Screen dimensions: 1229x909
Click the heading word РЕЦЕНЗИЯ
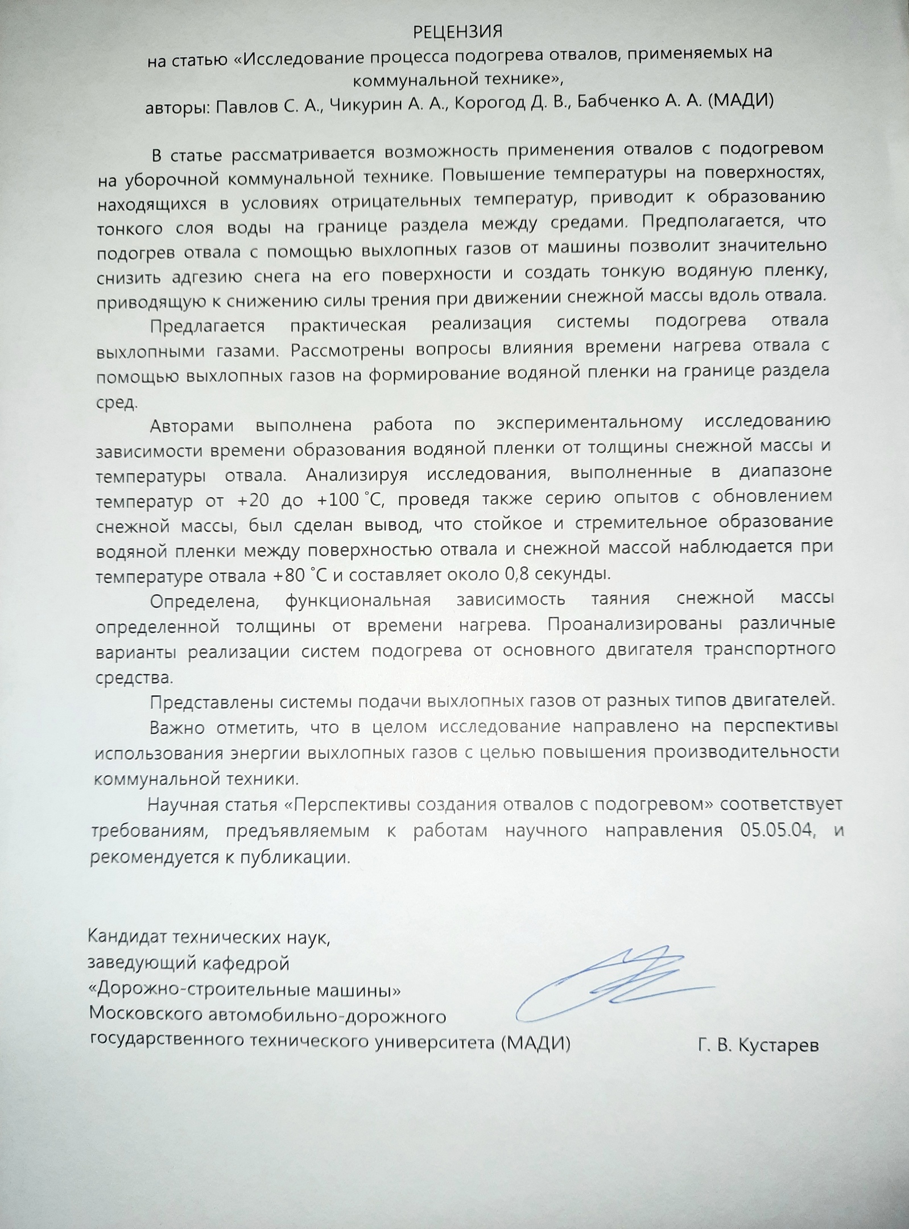point(458,32)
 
